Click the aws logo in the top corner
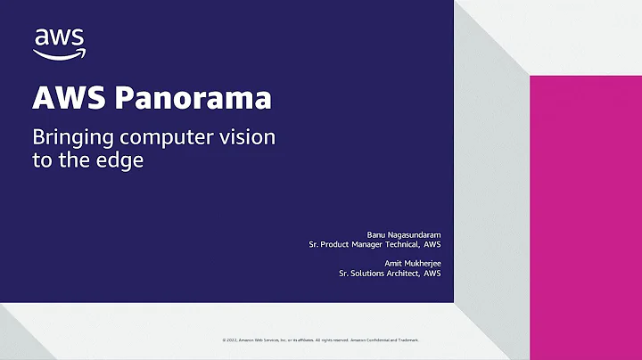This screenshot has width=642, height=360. click(x=59, y=41)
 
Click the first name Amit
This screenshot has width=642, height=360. click(x=377, y=263)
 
